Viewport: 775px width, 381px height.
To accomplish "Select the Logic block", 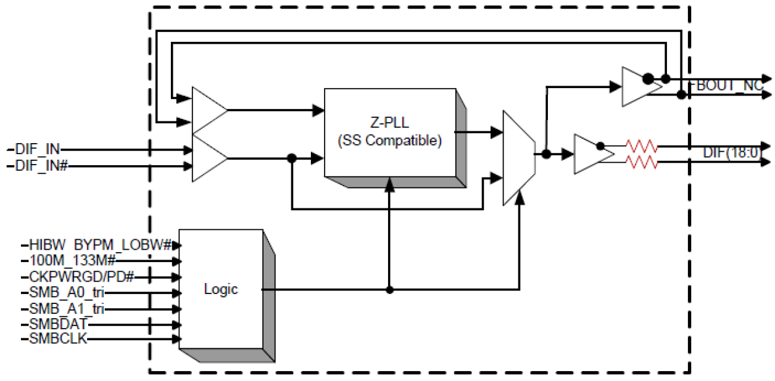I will pos(220,289).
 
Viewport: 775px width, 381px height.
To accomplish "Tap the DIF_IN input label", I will pos(36,149).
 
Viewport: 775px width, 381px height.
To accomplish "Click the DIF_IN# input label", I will pos(39,166).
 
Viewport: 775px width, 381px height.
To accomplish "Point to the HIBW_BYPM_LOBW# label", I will pos(99,245).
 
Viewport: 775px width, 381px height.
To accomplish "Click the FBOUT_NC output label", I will pos(726,86).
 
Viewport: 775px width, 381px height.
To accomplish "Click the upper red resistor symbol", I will pos(642,147).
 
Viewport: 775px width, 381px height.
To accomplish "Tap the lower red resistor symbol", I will pos(642,163).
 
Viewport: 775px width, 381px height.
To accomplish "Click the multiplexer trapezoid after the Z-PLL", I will pos(518,158).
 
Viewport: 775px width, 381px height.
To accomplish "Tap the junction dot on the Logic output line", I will pos(389,289).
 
